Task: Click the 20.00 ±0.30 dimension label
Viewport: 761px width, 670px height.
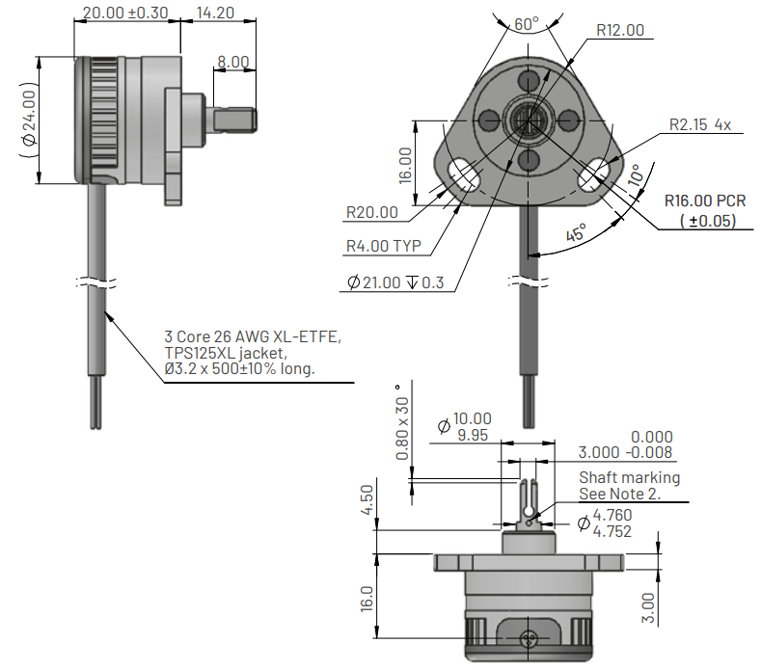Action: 125,13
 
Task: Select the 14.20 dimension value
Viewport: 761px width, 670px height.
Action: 215,13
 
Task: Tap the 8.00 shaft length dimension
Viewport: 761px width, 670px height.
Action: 232,62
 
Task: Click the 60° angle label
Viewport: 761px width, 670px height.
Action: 526,23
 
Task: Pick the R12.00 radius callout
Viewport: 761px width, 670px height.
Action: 619,30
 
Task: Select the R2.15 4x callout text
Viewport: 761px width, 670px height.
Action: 700,124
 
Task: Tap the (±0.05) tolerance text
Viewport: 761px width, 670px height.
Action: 706,222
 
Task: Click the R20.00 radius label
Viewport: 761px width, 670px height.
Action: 371,212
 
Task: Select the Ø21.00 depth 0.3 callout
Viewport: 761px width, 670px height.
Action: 395,283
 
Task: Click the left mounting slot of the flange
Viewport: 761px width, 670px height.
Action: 468,174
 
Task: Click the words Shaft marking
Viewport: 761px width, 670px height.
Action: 629,477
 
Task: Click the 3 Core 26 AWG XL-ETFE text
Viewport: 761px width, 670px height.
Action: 253,338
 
